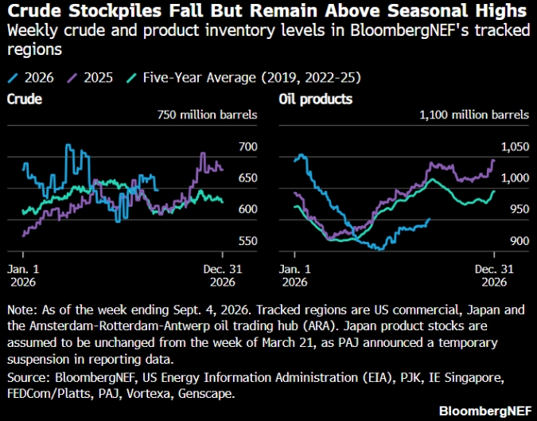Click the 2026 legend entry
(x=30, y=78)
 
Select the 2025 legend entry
(x=90, y=78)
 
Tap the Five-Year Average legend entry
(x=244, y=78)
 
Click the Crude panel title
(x=25, y=99)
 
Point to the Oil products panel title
(x=315, y=99)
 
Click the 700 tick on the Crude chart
(x=248, y=146)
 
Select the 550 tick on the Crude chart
(x=248, y=241)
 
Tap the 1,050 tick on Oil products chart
(x=515, y=147)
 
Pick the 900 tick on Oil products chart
(x=519, y=241)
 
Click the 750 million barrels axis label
(x=207, y=115)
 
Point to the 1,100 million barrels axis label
(x=474, y=115)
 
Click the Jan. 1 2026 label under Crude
(x=23, y=275)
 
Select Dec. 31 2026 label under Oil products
(x=494, y=275)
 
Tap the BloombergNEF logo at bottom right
(x=485, y=411)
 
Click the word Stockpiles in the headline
(x=115, y=11)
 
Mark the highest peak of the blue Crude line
(x=68, y=145)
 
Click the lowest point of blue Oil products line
(x=379, y=249)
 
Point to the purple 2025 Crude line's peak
(x=203, y=153)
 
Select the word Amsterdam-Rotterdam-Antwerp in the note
(x=119, y=325)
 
